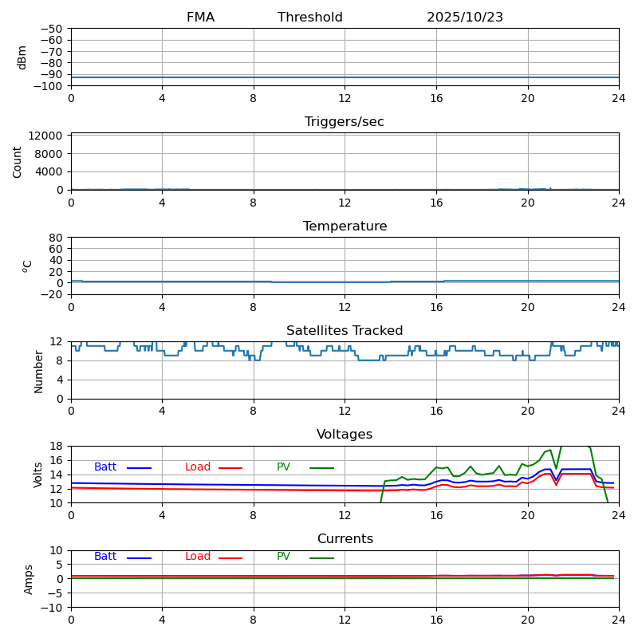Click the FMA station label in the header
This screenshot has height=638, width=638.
tap(200, 18)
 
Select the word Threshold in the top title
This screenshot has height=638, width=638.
tap(310, 18)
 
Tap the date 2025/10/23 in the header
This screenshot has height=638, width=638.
tap(465, 18)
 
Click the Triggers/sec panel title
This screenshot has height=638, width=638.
tap(345, 122)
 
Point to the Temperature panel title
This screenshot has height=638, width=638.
tap(345, 226)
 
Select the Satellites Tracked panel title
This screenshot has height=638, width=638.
tap(345, 331)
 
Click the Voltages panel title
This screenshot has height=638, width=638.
tap(345, 435)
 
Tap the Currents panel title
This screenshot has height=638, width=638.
tap(345, 539)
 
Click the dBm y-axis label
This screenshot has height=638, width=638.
tap(22, 57)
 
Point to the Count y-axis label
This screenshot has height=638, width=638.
tap(18, 161)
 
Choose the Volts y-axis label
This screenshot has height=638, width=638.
tap(38, 475)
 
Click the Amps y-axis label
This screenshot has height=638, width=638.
tap(29, 579)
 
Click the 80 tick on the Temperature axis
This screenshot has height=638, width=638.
tap(57, 238)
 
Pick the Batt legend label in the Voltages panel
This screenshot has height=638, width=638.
tap(105, 467)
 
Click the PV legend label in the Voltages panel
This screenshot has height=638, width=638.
tap(284, 467)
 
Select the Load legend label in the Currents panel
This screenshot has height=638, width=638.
tap(198, 557)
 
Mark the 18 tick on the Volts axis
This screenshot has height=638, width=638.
tap(57, 446)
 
